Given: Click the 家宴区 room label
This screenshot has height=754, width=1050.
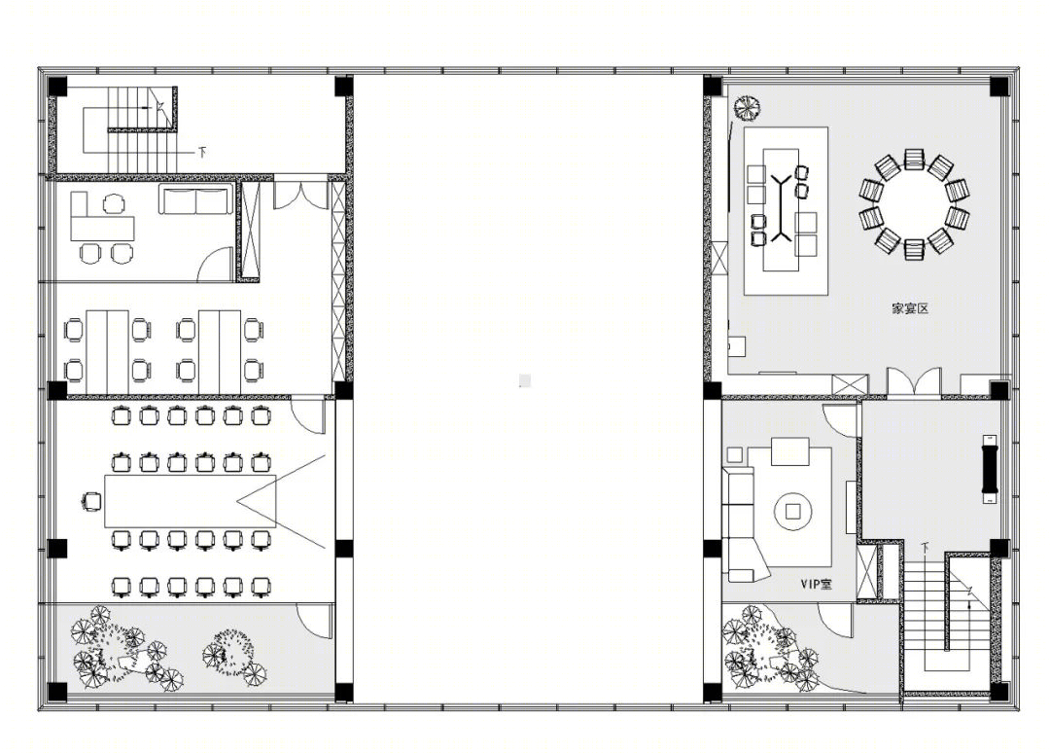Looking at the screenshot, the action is [910, 308].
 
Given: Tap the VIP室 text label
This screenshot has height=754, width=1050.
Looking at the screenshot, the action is [817, 584].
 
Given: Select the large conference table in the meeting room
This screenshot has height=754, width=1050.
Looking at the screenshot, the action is [191, 501].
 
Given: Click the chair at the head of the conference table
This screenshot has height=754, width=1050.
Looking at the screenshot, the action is [91, 501].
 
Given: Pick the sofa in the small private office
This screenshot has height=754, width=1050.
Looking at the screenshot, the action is [194, 200].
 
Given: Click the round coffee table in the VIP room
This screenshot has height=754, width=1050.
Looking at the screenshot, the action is [793, 512].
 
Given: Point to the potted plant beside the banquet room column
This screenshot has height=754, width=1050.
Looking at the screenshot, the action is [747, 107].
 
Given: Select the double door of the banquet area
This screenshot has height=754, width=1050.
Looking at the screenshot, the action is [914, 382].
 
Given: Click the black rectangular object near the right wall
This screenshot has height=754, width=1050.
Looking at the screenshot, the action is [990, 469].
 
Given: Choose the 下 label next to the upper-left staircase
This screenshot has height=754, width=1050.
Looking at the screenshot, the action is [201, 152].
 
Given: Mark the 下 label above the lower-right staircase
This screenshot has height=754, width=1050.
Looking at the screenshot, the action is [925, 548].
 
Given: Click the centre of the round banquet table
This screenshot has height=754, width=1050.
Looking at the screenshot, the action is [914, 204].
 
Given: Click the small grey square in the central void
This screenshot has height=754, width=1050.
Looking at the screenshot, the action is [525, 380].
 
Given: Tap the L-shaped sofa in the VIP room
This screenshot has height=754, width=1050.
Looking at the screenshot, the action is [744, 524].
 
